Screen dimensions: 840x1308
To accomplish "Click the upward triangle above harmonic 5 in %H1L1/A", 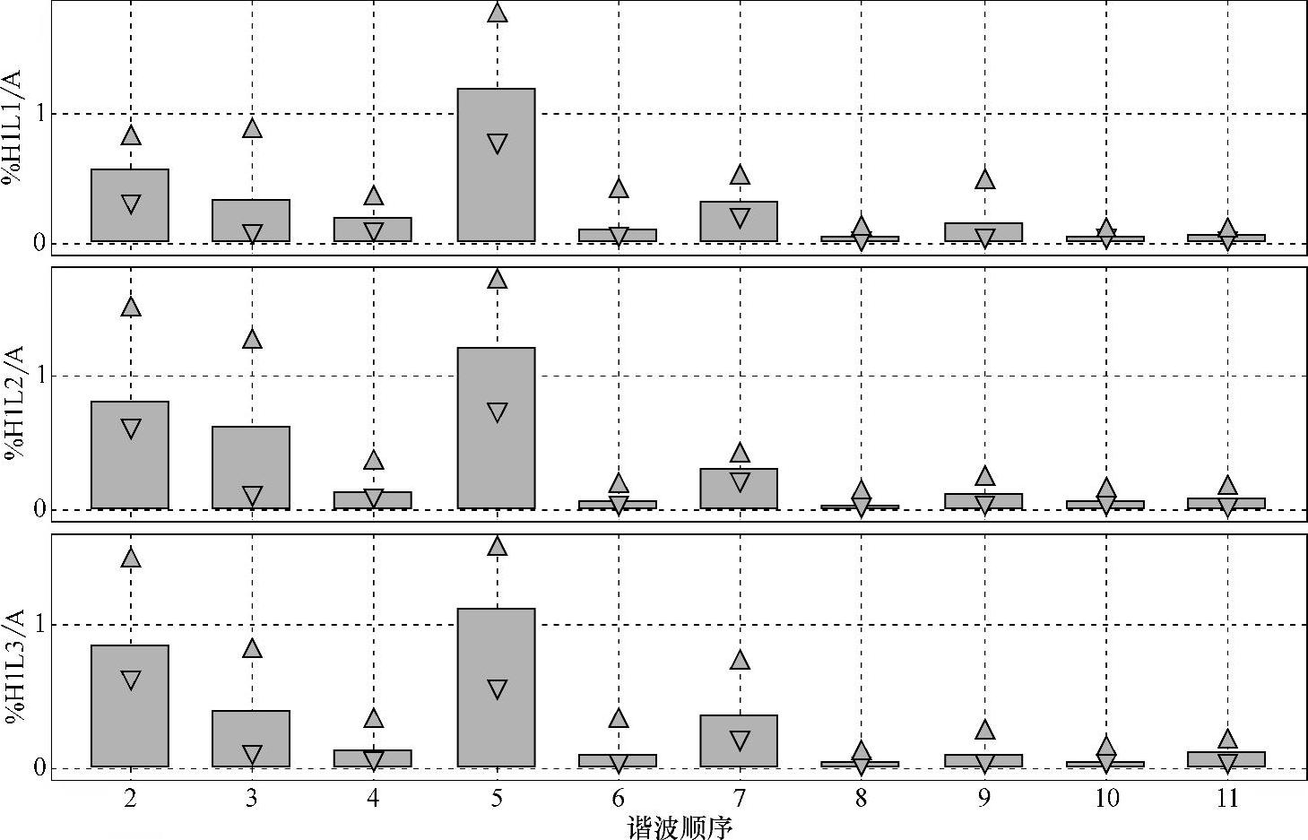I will pos(498,13).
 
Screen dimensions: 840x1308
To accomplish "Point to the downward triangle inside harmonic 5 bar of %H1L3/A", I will pos(498,688).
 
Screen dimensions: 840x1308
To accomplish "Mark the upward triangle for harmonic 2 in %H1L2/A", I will pos(131,307).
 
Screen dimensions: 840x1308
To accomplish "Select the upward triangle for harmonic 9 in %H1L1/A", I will pos(984,179).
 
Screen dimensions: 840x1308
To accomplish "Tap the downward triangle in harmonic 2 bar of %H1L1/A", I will pos(131,204).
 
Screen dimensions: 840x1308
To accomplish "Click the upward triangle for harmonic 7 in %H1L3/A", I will pos(740,660).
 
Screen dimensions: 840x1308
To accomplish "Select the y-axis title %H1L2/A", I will pos(15,402).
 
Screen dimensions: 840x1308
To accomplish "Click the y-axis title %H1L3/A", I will pos(15,668).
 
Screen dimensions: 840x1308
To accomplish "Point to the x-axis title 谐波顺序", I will pos(680,827).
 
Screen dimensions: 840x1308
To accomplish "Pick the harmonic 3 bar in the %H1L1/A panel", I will pos(252,221).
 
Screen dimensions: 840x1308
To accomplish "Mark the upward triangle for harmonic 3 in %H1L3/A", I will pos(252,648).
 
